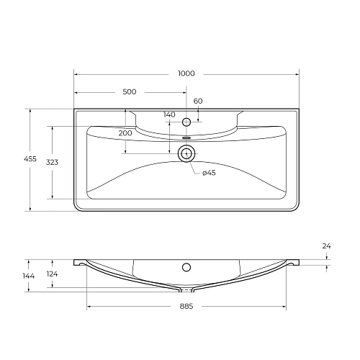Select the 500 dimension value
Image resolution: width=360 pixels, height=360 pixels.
tap(130, 92)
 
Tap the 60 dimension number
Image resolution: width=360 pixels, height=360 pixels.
tap(197, 100)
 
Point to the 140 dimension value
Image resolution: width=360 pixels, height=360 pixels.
tap(169, 114)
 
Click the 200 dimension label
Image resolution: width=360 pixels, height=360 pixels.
tap(125, 134)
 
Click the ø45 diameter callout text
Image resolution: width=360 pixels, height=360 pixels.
tap(209, 173)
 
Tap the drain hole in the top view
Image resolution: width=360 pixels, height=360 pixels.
tap(186, 152)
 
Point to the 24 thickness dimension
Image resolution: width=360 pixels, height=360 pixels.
tap(326, 246)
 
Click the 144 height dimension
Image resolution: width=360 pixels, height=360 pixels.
tap(29, 276)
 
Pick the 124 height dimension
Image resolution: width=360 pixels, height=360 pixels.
tap(52, 274)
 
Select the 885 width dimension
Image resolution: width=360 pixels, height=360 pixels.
tap(186, 305)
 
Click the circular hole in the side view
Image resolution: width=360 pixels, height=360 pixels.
tap(186, 267)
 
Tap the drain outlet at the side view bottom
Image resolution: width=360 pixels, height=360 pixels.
tap(186, 290)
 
